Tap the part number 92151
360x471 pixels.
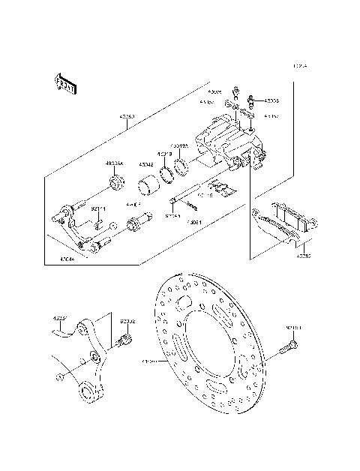(293, 327)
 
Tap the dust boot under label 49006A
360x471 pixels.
(115, 184)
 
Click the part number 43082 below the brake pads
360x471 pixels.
(304, 256)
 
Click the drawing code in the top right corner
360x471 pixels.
(300, 67)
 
